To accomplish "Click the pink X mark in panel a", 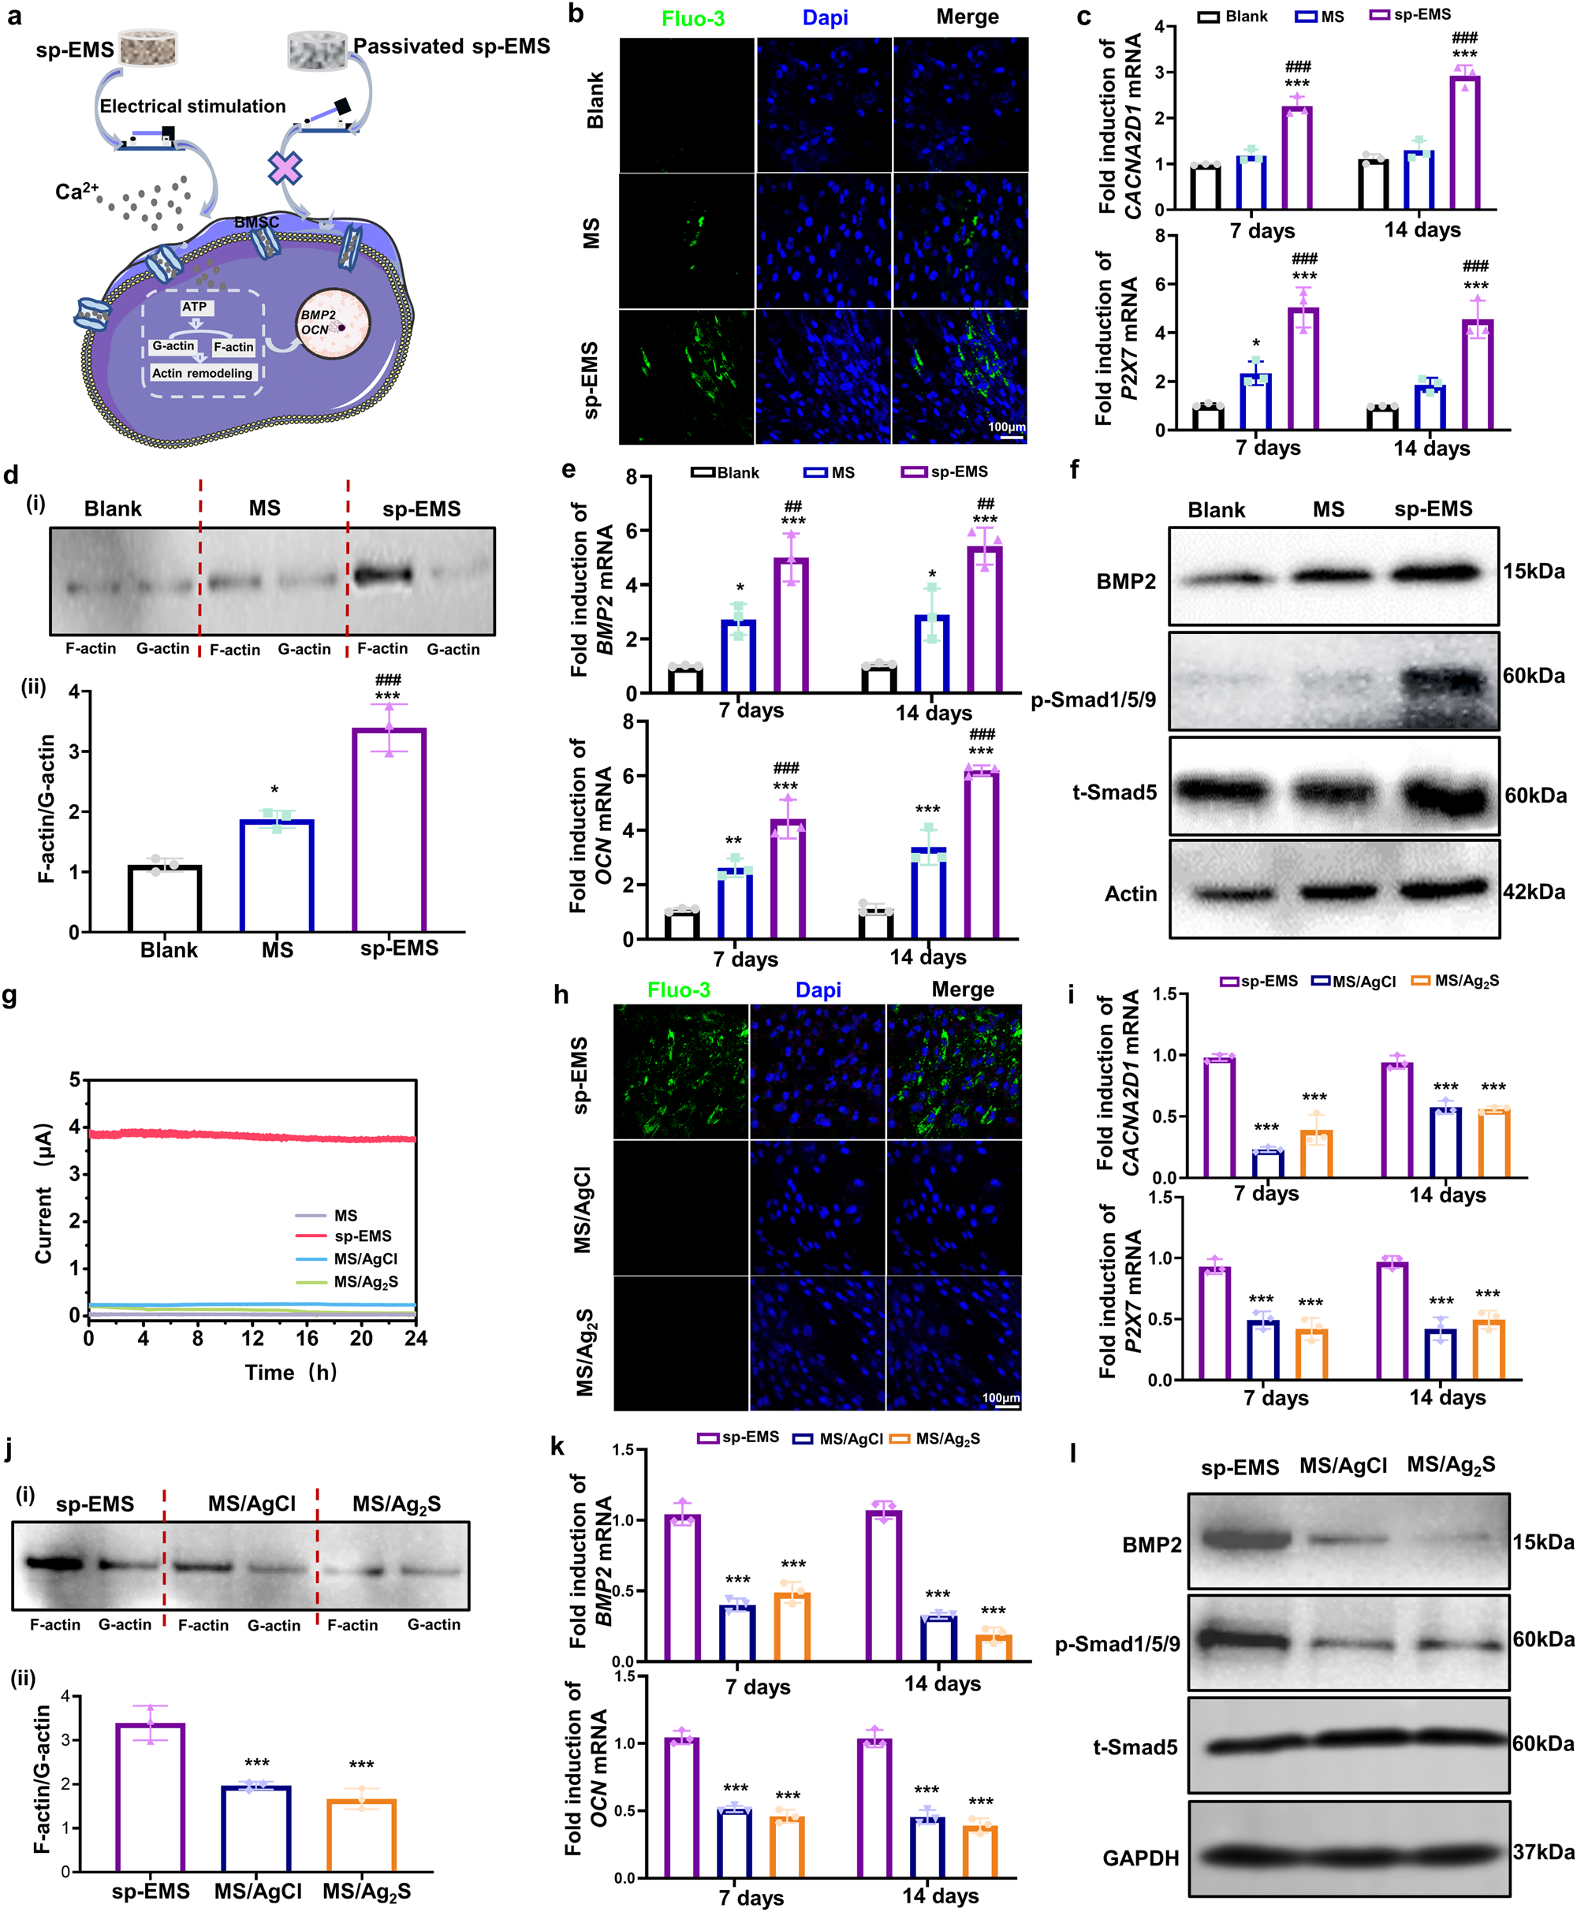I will point(285,168).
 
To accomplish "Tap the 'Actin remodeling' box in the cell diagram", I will point(202,373).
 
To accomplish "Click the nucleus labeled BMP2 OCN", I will point(334,323).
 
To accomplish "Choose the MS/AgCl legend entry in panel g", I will point(364,1259).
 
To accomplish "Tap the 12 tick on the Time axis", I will point(252,1338).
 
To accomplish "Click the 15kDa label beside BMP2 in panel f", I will point(1534,572).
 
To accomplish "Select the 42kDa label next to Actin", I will point(1534,891).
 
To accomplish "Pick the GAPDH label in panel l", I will point(1140,1858).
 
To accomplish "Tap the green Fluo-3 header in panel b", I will point(692,18).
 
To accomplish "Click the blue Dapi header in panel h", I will point(818,990).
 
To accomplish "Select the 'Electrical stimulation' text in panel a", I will point(192,106).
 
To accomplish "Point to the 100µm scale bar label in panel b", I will point(1005,427).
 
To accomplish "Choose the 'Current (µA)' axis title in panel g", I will point(43,1194).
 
